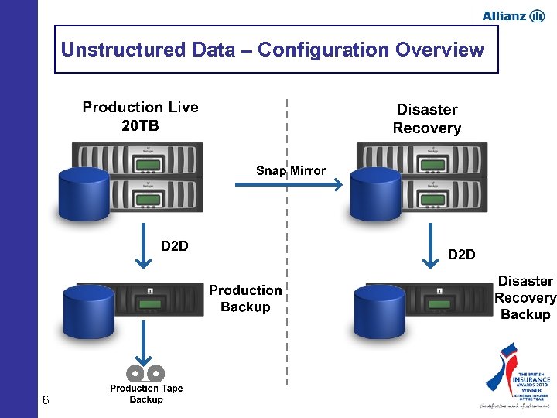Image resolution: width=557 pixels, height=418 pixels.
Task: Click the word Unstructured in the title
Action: [x=121, y=50]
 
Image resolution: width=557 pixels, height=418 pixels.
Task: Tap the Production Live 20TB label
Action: [x=140, y=117]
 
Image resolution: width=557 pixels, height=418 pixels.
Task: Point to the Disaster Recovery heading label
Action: [x=426, y=119]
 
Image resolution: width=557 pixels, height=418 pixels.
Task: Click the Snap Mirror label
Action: [x=291, y=170]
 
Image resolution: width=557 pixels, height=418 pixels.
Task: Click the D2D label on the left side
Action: [x=174, y=246]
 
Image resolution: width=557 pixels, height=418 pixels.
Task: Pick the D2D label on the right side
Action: [x=462, y=254]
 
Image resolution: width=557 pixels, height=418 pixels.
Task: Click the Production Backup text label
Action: [x=245, y=299]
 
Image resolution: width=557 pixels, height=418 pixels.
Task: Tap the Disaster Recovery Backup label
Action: [x=525, y=298]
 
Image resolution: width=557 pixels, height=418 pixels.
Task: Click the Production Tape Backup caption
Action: [x=146, y=394]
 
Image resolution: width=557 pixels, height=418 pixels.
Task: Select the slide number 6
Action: [x=46, y=400]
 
